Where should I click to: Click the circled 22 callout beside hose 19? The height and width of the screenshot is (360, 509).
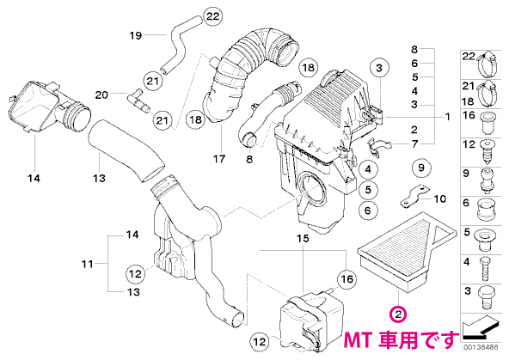point(213,16)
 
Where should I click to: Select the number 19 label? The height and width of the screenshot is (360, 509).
point(136,35)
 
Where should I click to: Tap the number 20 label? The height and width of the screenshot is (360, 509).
point(101,95)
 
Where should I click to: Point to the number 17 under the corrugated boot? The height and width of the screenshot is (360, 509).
point(219,159)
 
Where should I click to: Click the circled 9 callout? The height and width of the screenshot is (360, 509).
point(421,168)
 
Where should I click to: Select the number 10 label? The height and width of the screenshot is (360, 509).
point(440,198)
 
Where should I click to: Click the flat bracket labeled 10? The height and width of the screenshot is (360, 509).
point(414,196)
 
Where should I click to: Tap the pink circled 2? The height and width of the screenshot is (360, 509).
point(399,314)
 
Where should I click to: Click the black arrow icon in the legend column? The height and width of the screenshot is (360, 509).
point(480,326)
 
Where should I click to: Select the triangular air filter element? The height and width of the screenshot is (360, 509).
point(408,253)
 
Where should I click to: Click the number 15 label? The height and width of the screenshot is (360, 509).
point(303,239)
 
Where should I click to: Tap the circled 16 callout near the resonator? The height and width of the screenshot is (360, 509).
point(346,278)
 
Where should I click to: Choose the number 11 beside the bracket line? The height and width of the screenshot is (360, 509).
point(88,264)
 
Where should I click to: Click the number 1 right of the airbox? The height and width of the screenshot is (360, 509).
point(448,117)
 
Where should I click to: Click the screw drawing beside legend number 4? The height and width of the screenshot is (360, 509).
point(485,269)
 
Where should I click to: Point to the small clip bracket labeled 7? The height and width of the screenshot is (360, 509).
point(377,147)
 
